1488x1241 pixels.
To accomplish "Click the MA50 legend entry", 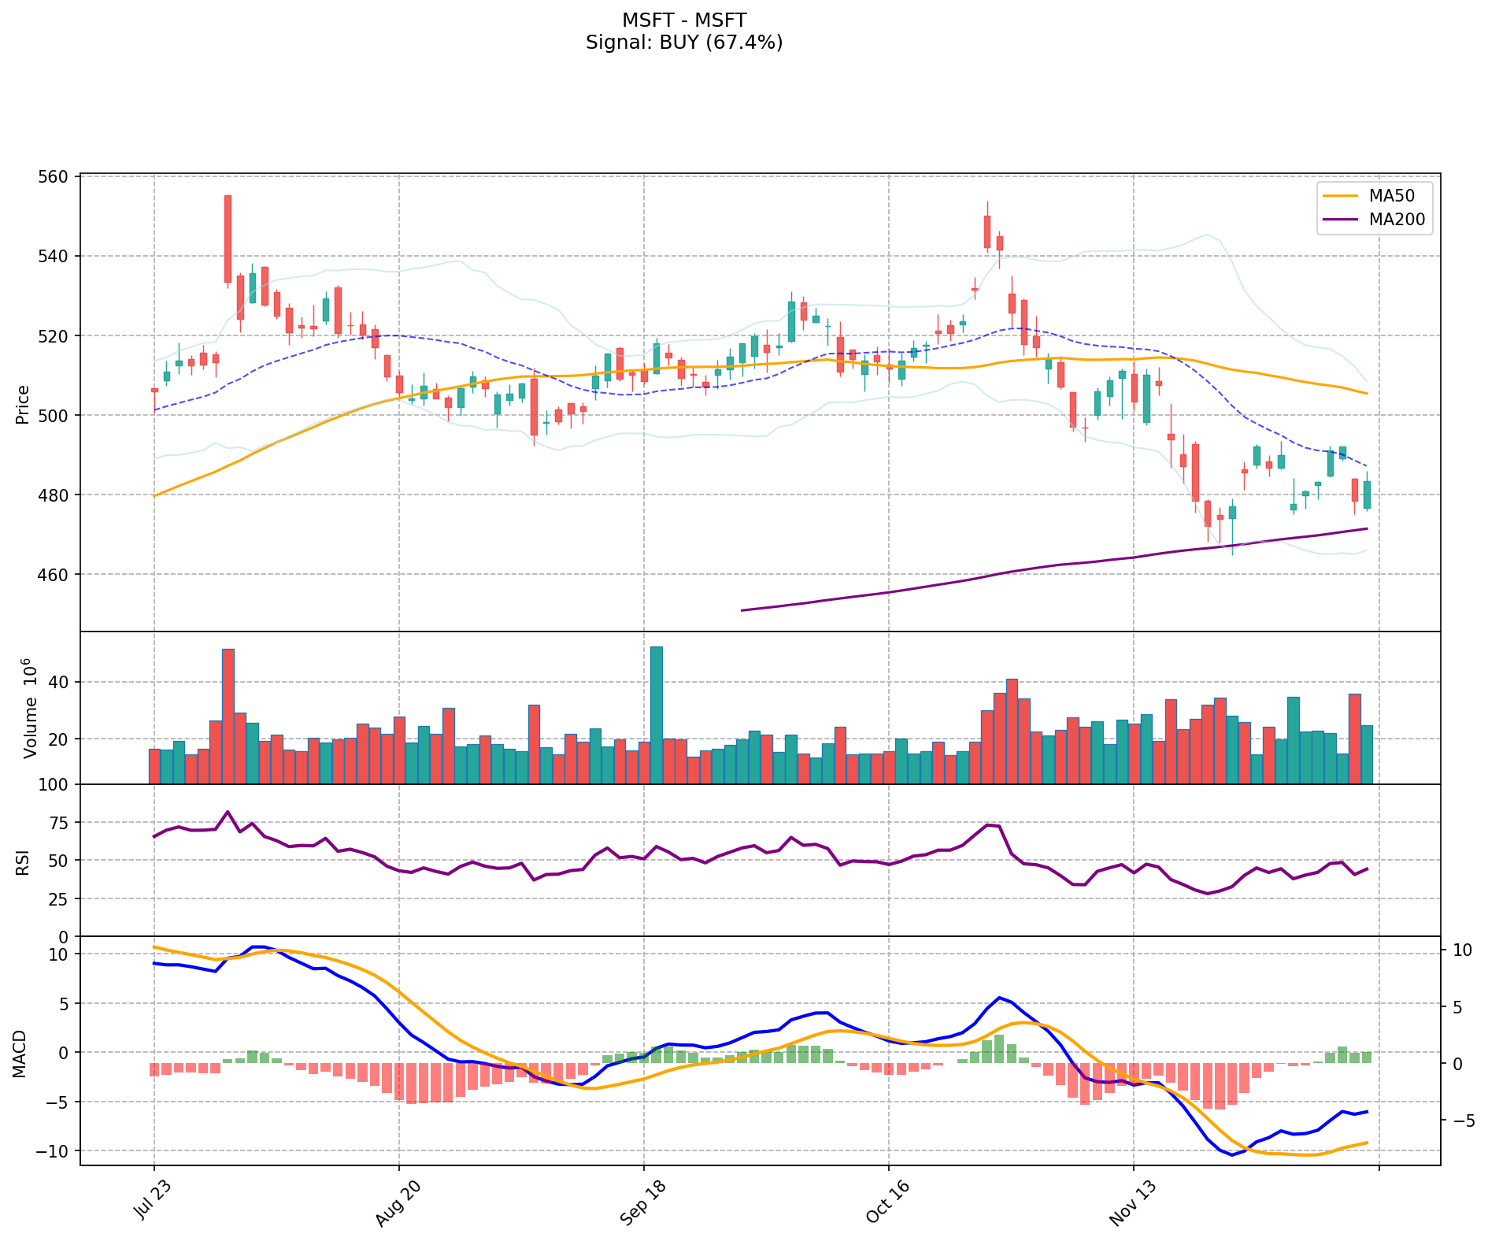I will click(x=1386, y=196).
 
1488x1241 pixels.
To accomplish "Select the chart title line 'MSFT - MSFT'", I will click(x=683, y=20).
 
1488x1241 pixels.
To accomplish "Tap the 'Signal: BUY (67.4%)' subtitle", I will click(x=683, y=43).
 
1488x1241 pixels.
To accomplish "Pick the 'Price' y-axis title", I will click(x=22, y=404).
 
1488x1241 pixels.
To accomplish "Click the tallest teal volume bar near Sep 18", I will click(x=656, y=714).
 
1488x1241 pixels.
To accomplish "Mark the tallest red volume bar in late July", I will click(x=228, y=716).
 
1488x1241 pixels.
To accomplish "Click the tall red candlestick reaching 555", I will click(x=228, y=239).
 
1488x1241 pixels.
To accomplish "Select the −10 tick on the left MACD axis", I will click(x=53, y=1151).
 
